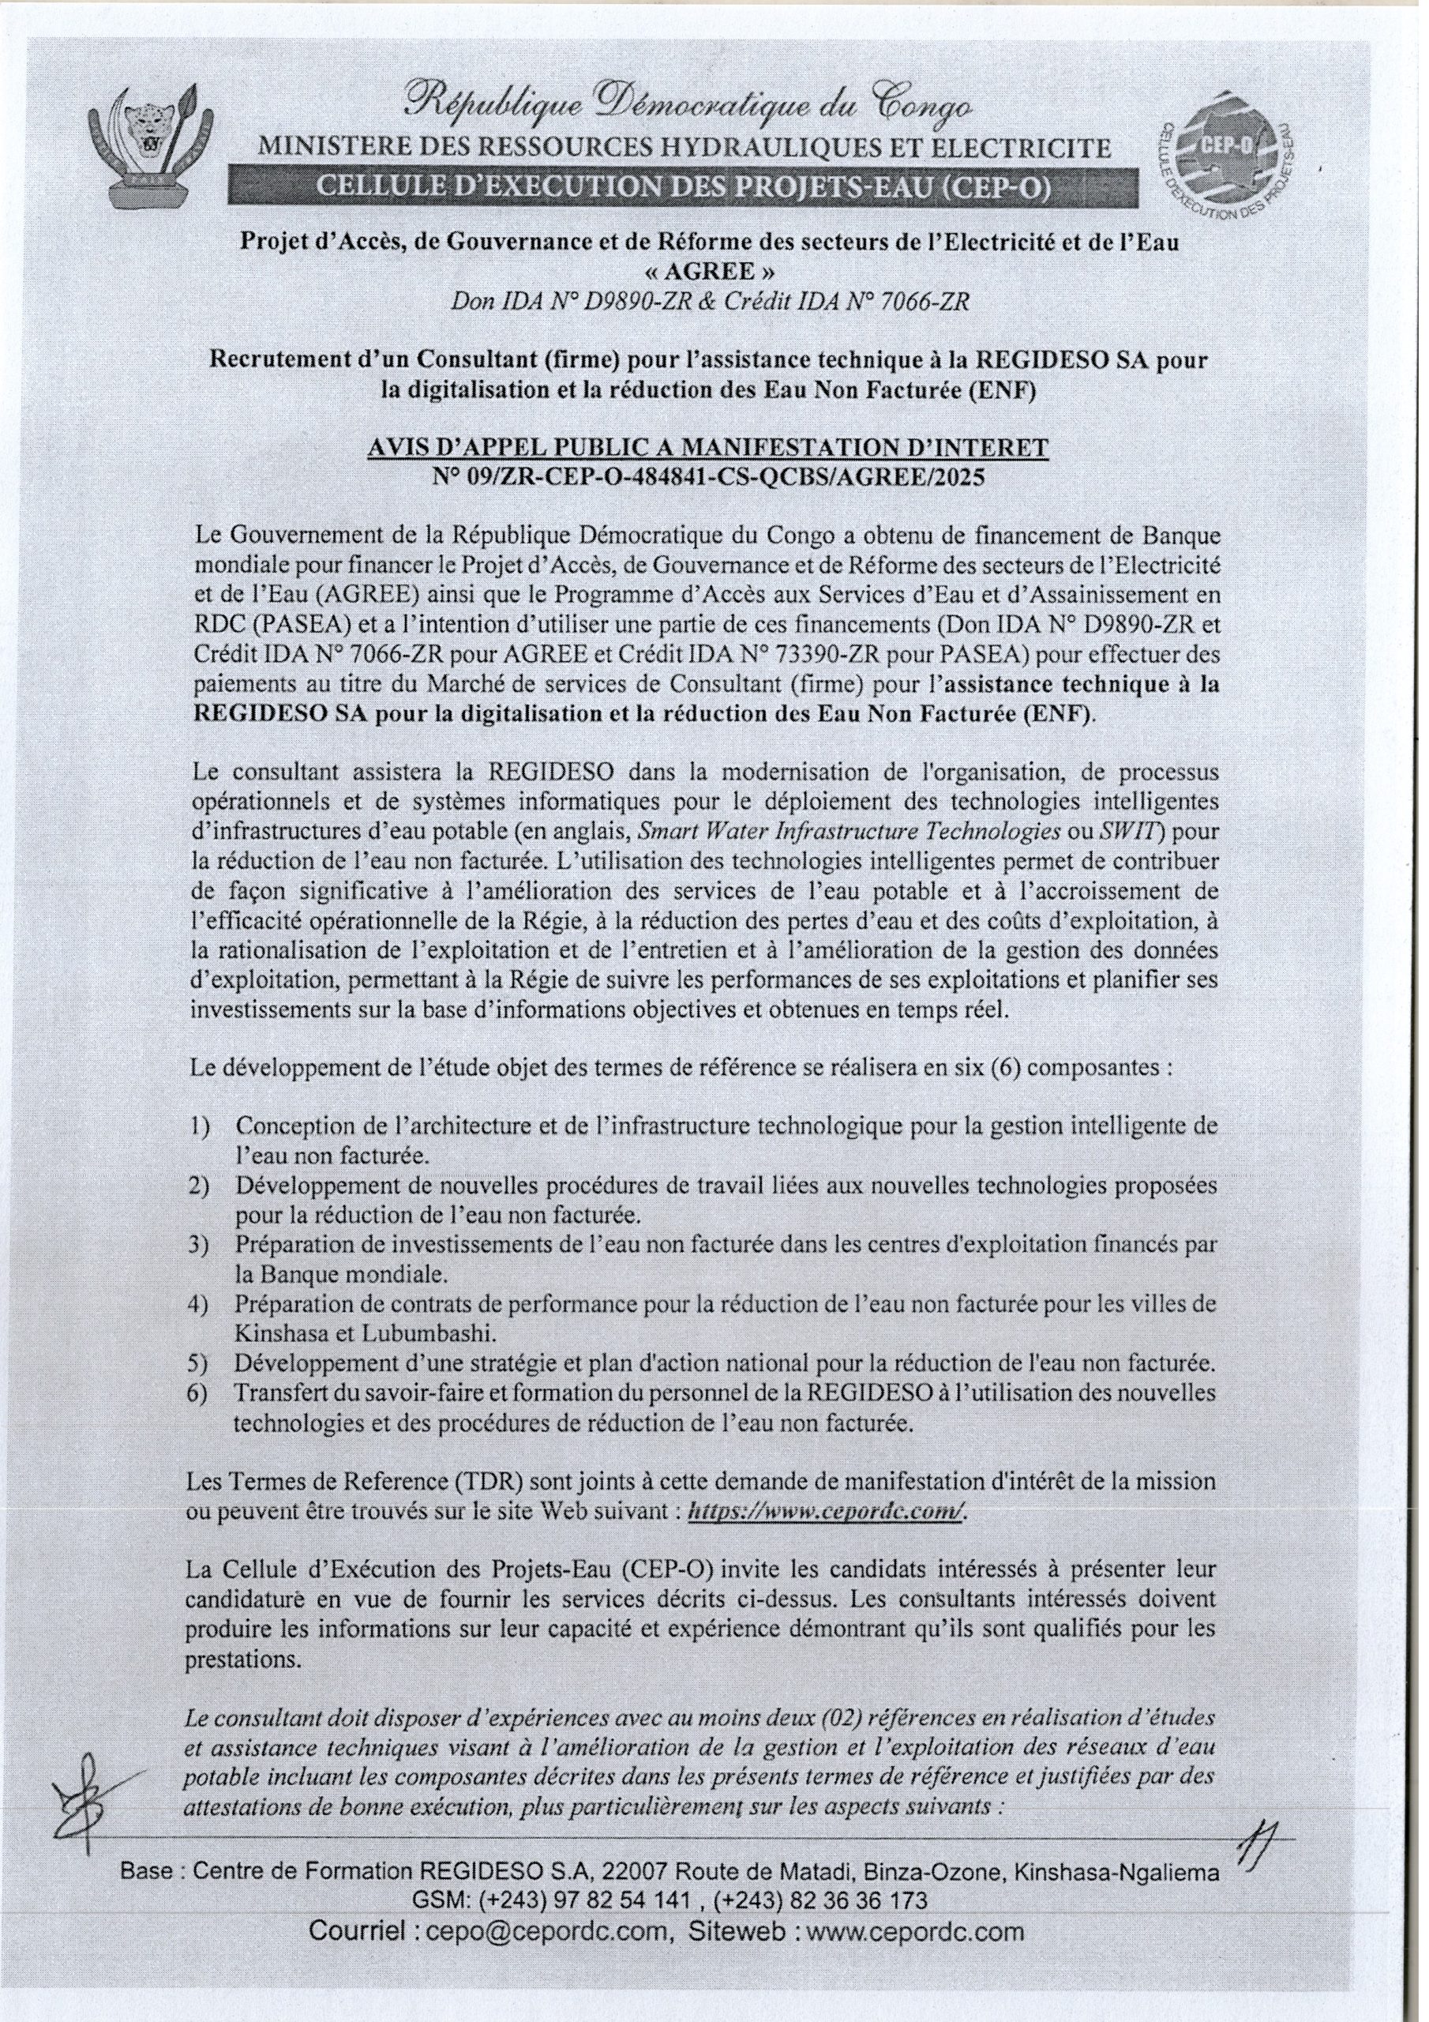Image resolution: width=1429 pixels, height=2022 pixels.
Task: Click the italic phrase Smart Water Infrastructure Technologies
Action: pyautogui.click(x=850, y=829)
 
